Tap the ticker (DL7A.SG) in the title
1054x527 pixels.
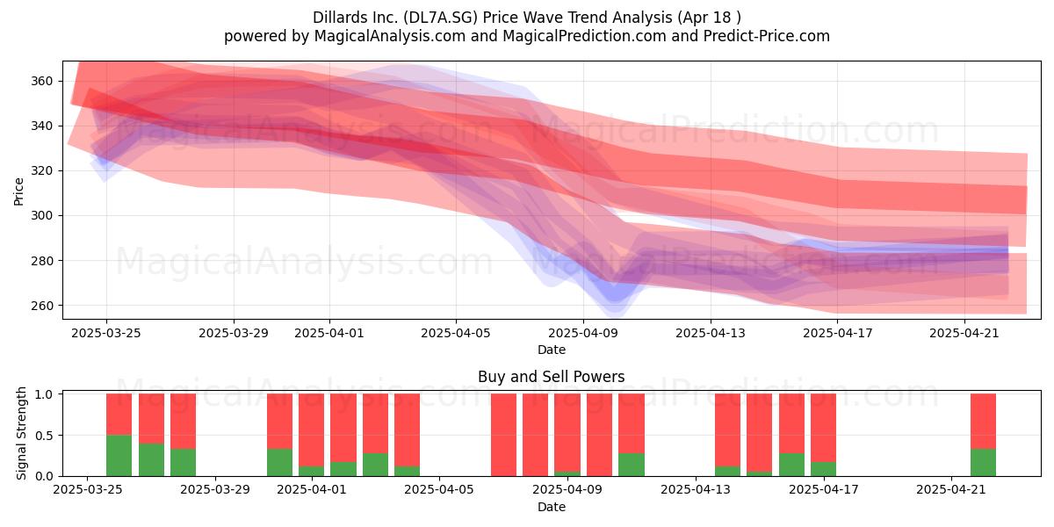click(440, 18)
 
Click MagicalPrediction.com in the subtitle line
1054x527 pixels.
click(584, 36)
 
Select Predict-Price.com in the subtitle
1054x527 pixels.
click(767, 36)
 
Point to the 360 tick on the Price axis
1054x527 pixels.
click(41, 81)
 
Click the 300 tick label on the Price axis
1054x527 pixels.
click(41, 215)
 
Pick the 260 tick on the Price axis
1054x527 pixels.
click(41, 306)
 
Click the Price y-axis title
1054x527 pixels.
click(18, 191)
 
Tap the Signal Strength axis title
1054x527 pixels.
click(21, 433)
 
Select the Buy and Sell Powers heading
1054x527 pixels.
click(551, 377)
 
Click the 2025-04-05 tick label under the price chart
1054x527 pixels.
click(456, 333)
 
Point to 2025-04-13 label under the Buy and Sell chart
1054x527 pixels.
click(696, 490)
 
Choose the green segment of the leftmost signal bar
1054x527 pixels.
click(119, 456)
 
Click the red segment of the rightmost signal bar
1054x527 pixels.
click(983, 421)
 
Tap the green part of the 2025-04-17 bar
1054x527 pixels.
click(824, 469)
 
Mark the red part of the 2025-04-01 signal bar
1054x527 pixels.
click(312, 430)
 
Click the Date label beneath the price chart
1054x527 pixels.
click(552, 350)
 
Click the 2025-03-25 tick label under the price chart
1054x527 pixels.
click(106, 333)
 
